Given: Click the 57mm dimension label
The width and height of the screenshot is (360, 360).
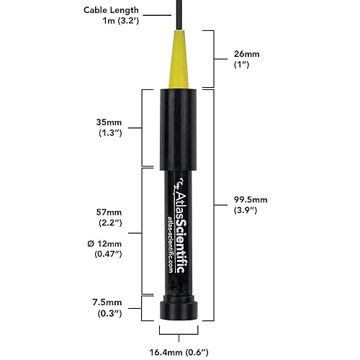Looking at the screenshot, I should [109, 214].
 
